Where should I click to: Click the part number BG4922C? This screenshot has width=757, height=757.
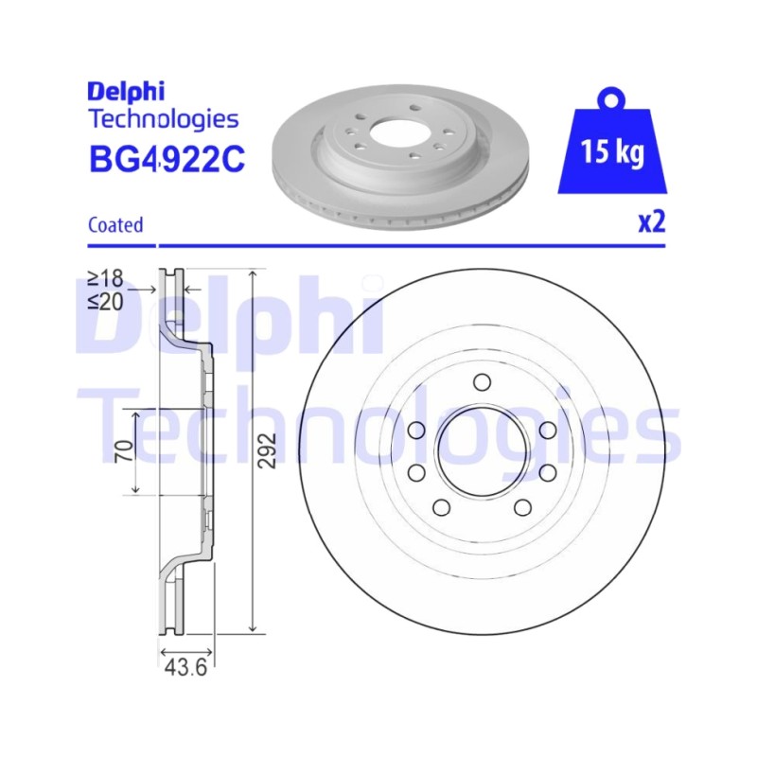pyautogui.click(x=167, y=159)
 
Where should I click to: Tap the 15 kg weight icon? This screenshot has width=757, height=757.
pyautogui.click(x=612, y=145)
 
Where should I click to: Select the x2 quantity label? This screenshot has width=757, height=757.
pyautogui.click(x=652, y=222)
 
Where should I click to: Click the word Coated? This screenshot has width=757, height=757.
pyautogui.click(x=115, y=225)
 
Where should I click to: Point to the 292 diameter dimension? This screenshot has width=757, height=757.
pyautogui.click(x=267, y=450)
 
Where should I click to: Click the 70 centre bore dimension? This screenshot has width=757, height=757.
pyautogui.click(x=125, y=450)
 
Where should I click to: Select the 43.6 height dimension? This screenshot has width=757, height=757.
pyautogui.click(x=185, y=668)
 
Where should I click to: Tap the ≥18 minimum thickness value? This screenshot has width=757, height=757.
pyautogui.click(x=105, y=278)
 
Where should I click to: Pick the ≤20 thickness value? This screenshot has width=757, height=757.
pyautogui.click(x=105, y=302)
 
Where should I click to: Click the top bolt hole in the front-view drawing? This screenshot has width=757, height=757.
pyautogui.click(x=482, y=382)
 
